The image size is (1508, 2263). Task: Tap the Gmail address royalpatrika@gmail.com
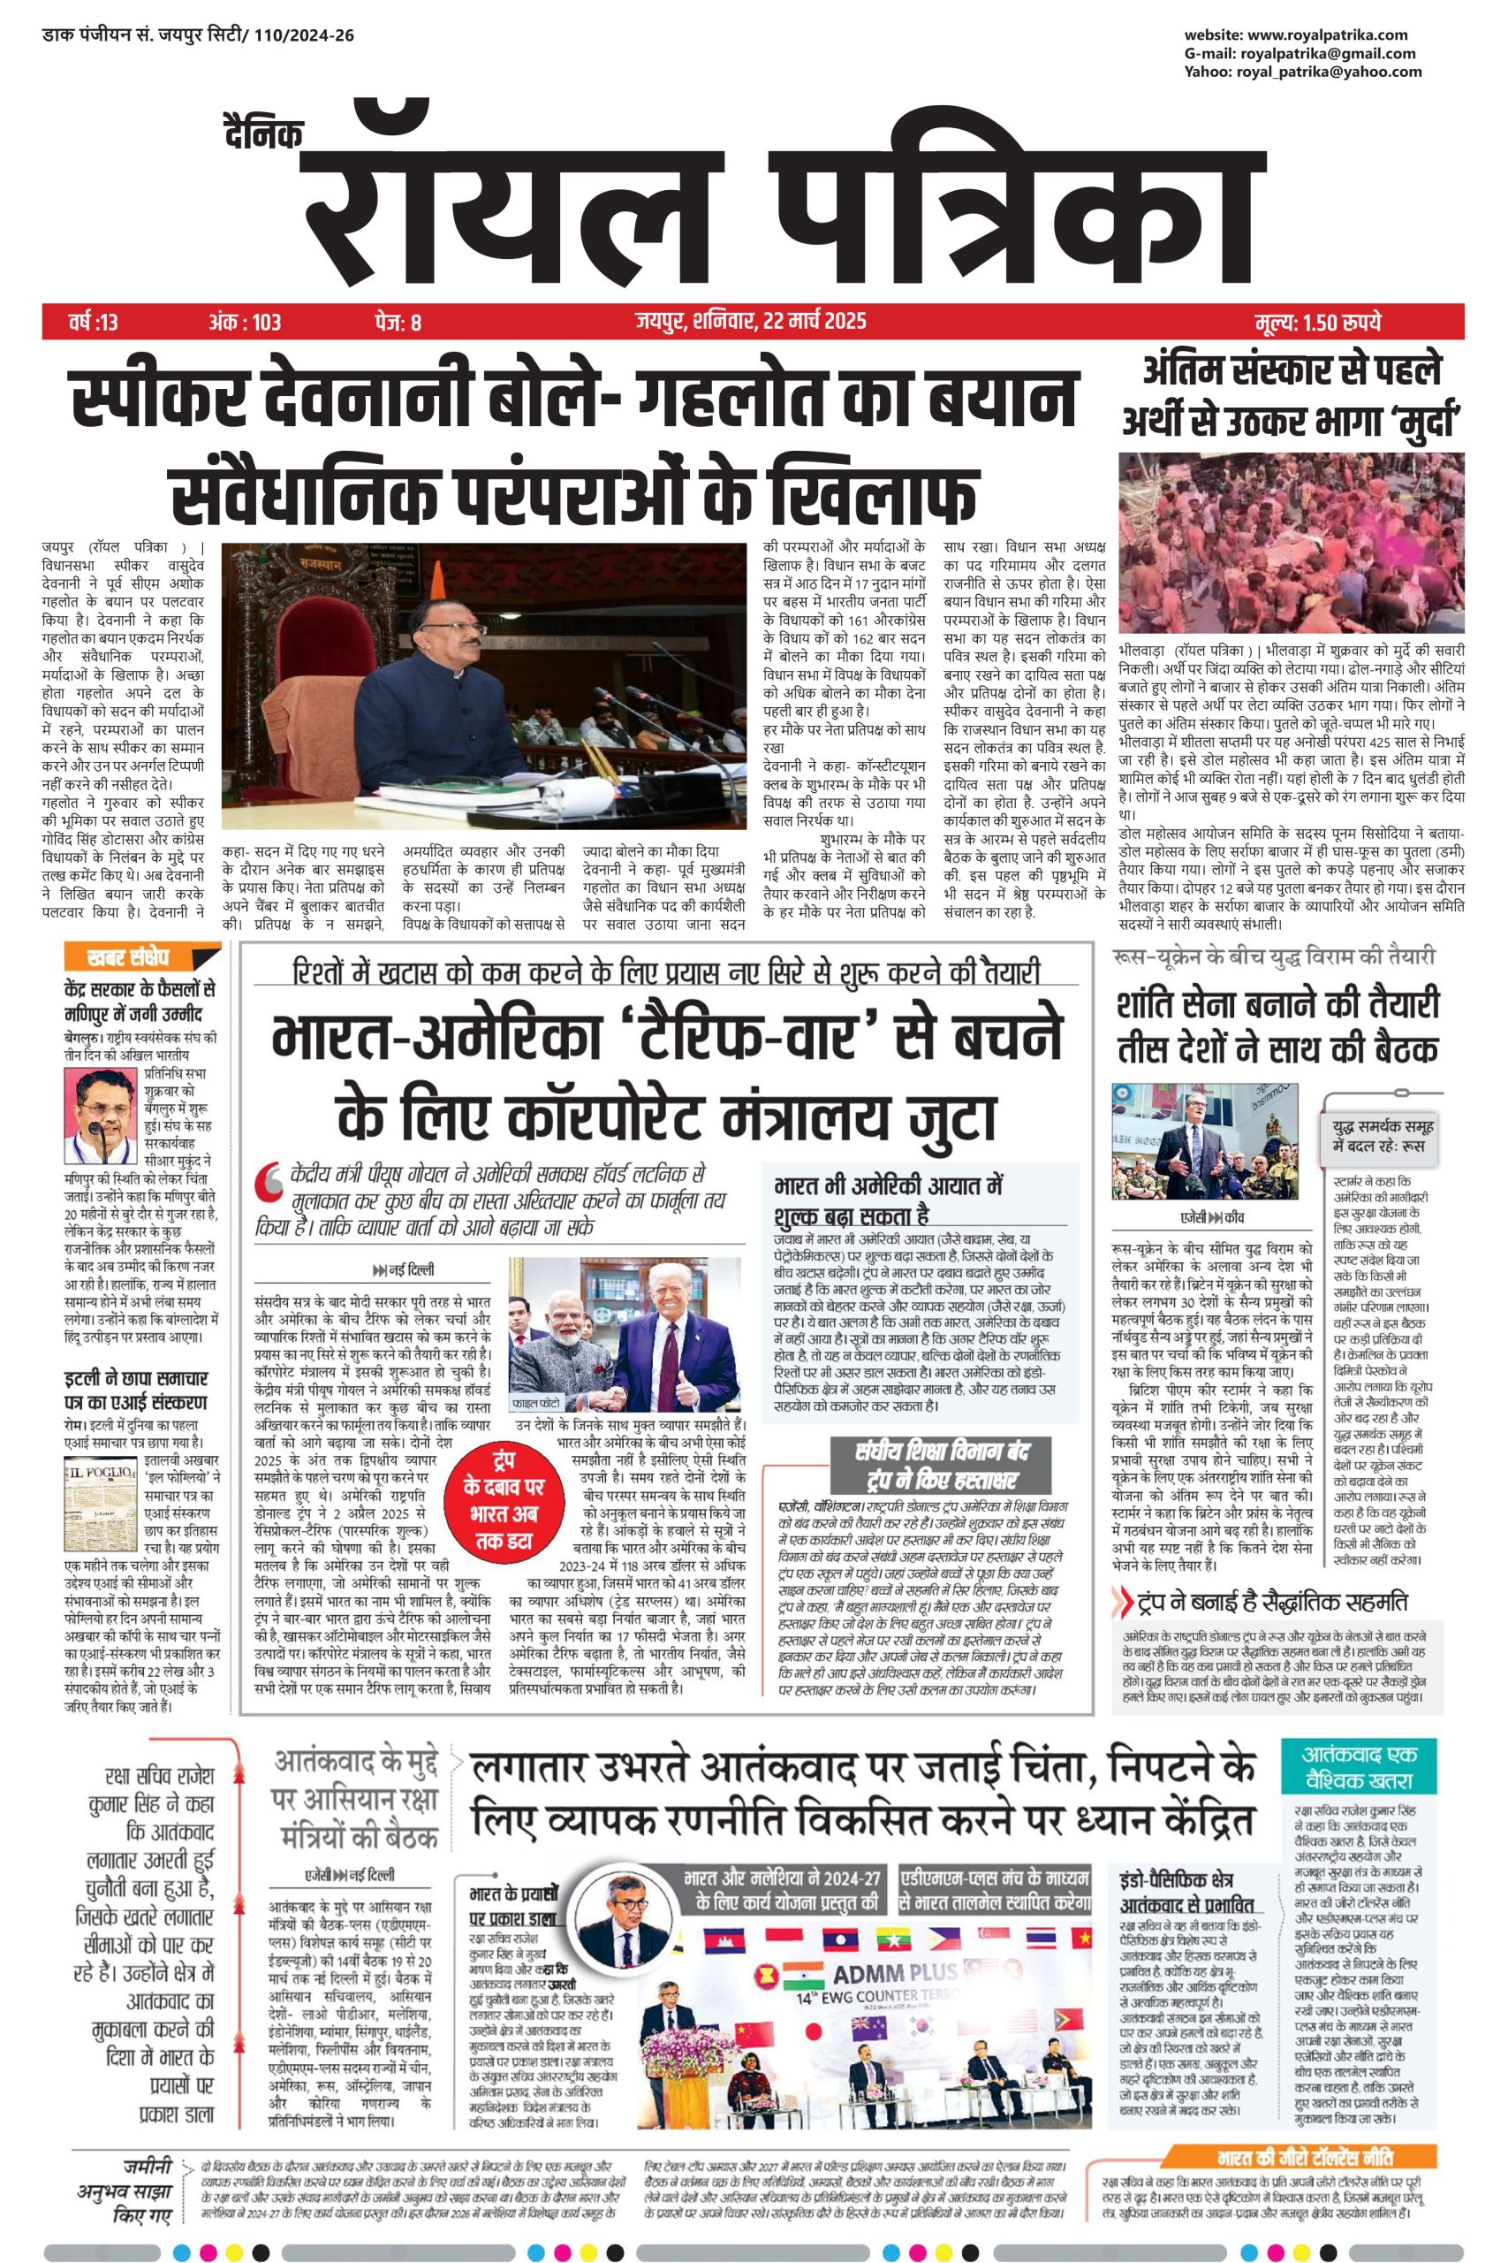click(x=1327, y=53)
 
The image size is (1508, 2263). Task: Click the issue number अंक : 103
click(x=245, y=322)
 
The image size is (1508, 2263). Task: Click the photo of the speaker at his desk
click(x=484, y=685)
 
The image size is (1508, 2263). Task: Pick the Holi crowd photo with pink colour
click(x=1291, y=543)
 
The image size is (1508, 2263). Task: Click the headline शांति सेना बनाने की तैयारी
click(x=1277, y=1005)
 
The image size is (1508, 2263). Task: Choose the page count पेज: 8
click(x=398, y=322)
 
